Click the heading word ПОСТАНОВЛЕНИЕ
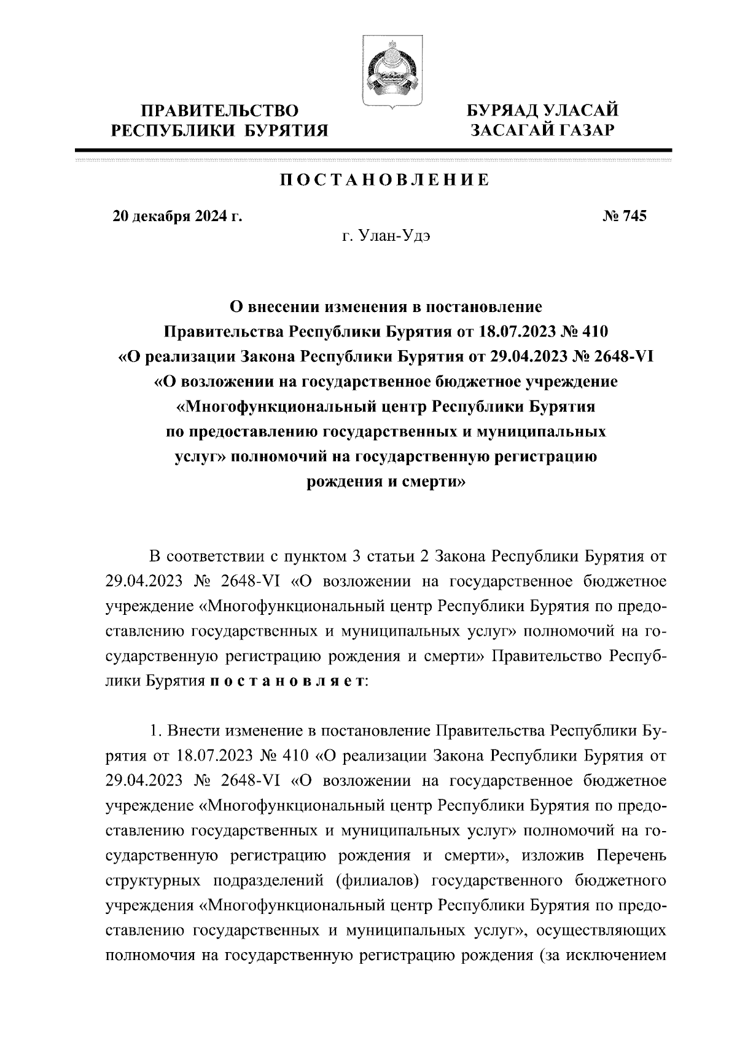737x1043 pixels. tap(385, 180)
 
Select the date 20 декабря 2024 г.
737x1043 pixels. tap(177, 216)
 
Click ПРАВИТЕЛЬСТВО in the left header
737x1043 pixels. tap(220, 111)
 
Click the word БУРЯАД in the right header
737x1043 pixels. tap(502, 111)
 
